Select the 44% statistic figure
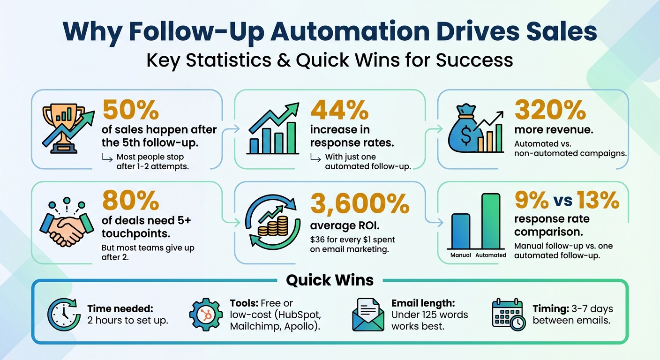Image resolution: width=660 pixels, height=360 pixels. [339, 111]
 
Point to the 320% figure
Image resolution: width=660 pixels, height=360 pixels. [550, 111]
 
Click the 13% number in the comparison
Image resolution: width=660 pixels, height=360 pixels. [598, 201]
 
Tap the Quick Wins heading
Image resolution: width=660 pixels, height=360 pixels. [330, 280]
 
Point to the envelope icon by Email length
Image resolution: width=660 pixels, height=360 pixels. [368, 314]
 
